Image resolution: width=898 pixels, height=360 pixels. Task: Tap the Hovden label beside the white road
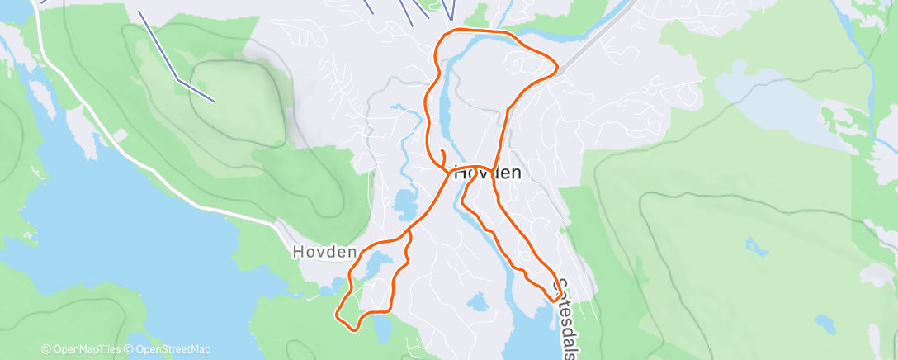(x=324, y=252)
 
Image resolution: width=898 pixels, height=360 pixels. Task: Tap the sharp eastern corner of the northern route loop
(x=557, y=66)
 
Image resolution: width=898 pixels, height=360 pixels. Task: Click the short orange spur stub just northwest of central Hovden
(x=442, y=155)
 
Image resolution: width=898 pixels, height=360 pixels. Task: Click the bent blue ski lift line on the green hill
(x=177, y=78)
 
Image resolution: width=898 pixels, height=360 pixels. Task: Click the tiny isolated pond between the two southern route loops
(x=476, y=302)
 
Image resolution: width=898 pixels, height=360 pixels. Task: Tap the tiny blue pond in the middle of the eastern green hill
(x=752, y=244)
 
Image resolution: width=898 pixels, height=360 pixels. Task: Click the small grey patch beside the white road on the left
(x=120, y=134)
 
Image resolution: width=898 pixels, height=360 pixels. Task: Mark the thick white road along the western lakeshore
(x=165, y=178)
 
